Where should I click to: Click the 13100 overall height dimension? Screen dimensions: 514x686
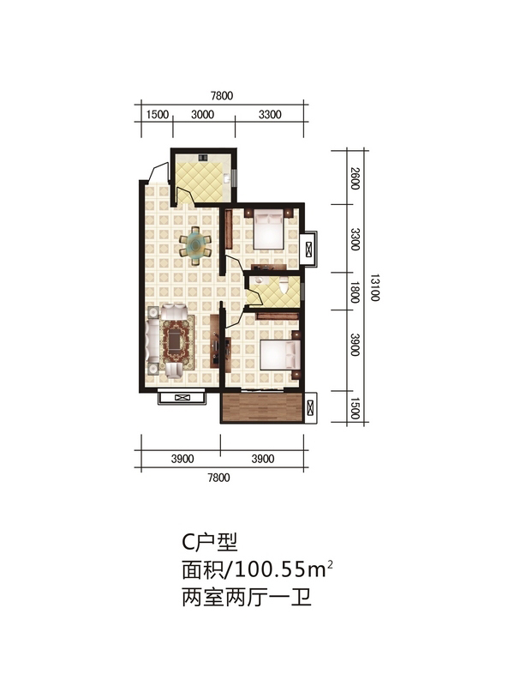[x=374, y=288]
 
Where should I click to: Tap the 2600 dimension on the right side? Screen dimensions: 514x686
[x=356, y=178]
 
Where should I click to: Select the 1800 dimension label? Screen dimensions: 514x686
[x=355, y=292]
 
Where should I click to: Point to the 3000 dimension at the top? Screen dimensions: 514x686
[x=203, y=115]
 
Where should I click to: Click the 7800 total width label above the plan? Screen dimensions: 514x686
[x=222, y=95]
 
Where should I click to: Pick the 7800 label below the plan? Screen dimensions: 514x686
[x=218, y=478]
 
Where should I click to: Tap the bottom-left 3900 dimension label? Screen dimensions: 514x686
[x=182, y=459]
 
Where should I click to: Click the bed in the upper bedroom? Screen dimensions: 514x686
[x=270, y=229]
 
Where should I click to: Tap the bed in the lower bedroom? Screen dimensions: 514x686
[x=281, y=354]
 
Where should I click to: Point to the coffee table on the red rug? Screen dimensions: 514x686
[x=175, y=340]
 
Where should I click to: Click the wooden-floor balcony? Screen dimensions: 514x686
[x=262, y=407]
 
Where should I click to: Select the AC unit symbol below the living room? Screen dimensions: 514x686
[x=182, y=398]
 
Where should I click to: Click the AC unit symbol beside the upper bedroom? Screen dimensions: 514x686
[x=310, y=249]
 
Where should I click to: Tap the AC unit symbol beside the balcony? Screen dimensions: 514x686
[x=311, y=408]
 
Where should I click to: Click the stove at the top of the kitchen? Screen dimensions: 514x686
[x=203, y=158]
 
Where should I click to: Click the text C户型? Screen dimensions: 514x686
[x=210, y=543]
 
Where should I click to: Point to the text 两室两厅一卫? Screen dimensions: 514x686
[x=247, y=597]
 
